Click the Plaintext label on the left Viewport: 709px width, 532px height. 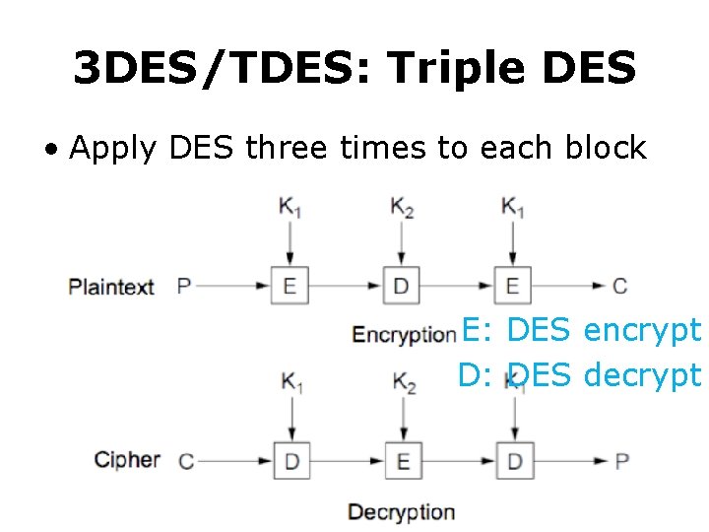coord(111,287)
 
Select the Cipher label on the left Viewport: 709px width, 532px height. coord(127,459)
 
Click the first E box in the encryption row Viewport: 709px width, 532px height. coord(290,287)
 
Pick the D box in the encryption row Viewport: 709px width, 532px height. coord(401,287)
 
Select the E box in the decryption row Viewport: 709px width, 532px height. coord(402,460)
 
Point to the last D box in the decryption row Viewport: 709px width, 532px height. coord(514,460)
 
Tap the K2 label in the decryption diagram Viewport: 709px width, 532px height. coord(404,382)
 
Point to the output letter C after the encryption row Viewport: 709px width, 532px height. coord(619,287)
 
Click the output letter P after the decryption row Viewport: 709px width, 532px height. coord(621,460)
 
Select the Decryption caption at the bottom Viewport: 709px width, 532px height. coord(401,512)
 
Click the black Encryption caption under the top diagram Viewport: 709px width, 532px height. coord(404,335)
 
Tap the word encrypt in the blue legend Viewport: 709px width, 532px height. coord(642,331)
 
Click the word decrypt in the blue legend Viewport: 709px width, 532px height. coord(642,375)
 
